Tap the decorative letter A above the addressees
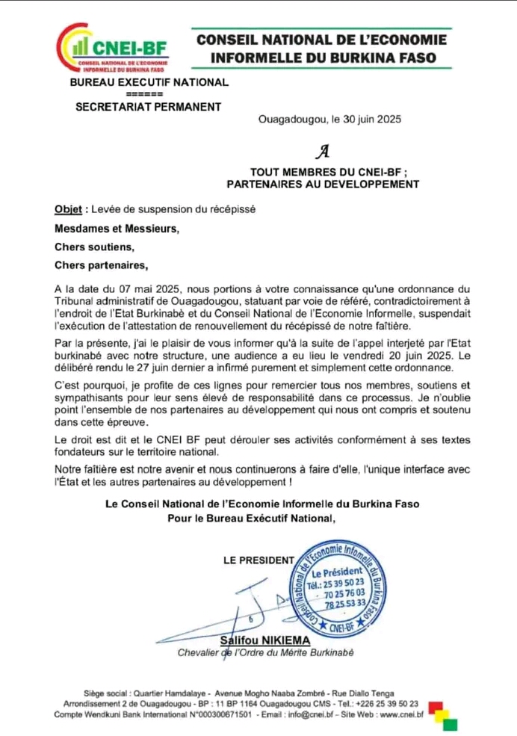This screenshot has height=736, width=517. point(323,152)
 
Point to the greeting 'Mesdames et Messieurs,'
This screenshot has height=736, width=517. point(117,229)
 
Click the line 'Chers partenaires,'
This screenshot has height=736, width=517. point(102,265)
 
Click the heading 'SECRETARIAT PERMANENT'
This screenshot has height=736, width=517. point(149,106)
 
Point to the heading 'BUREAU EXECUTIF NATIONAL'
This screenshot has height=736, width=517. point(149,83)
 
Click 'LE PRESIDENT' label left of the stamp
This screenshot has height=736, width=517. point(258,560)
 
